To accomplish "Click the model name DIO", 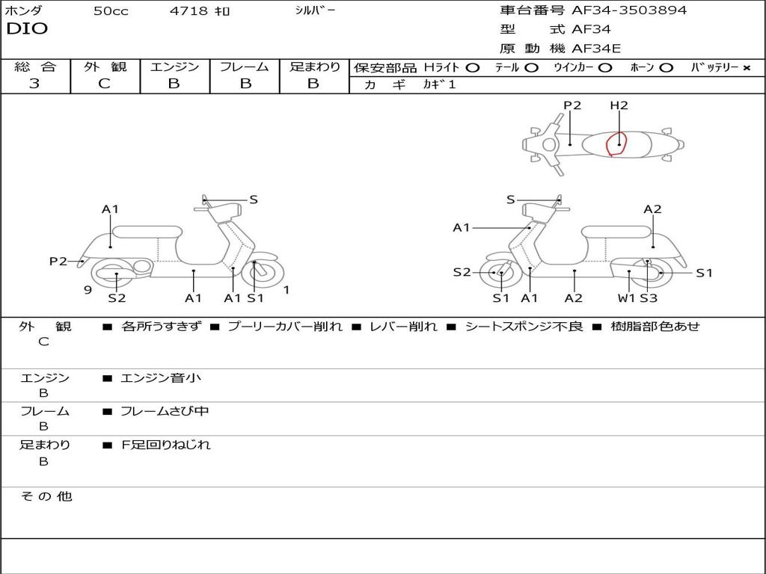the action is tap(27, 29).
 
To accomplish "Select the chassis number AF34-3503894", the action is tap(629, 10).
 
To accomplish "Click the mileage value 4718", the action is tap(188, 11).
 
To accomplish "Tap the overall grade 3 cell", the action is tap(34, 84).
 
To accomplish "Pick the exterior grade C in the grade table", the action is tap(104, 84).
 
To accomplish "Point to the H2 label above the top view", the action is tap(619, 105).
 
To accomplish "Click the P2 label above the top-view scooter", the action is tap(572, 105).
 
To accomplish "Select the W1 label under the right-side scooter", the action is tap(626, 298).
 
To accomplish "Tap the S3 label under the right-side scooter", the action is tap(648, 298).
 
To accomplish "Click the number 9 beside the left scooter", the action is tap(88, 290).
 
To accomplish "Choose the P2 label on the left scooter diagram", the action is tap(58, 261).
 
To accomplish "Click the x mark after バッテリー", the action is tap(746, 68).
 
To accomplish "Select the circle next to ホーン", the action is tap(666, 68).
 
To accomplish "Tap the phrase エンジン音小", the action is tap(161, 378).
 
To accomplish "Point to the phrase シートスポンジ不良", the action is tap(524, 327).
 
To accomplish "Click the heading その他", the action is tap(46, 496).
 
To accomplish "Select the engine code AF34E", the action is tap(596, 49).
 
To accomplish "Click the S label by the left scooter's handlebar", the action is tap(254, 200).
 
